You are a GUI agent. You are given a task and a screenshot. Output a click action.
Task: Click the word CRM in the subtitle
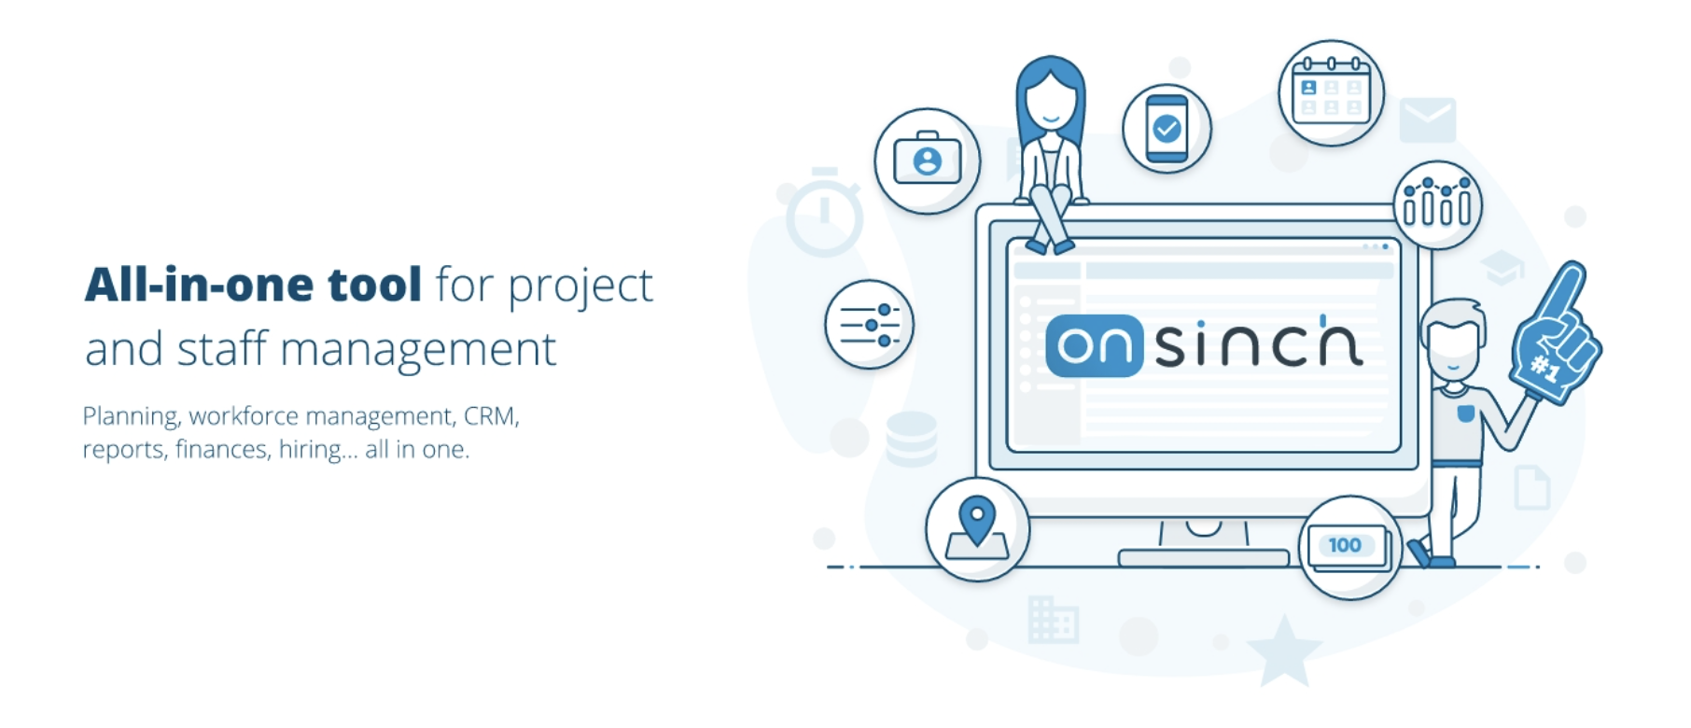[491, 415]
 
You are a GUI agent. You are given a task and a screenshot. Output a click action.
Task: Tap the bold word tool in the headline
[374, 285]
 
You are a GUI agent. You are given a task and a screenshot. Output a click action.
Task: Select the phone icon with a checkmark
[1167, 129]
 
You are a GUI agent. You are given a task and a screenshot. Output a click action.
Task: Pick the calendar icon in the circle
[1331, 92]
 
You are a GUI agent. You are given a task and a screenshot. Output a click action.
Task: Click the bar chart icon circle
[1437, 204]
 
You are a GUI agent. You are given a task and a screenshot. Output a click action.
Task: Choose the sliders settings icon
[869, 325]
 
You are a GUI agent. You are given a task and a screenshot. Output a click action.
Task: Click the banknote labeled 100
[1348, 547]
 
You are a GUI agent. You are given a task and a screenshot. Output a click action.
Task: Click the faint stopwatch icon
[823, 213]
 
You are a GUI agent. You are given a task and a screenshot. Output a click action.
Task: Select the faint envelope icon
[1427, 120]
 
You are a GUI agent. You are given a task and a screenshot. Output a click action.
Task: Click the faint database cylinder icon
[911, 439]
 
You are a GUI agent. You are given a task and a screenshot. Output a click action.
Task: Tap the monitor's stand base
[1203, 558]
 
